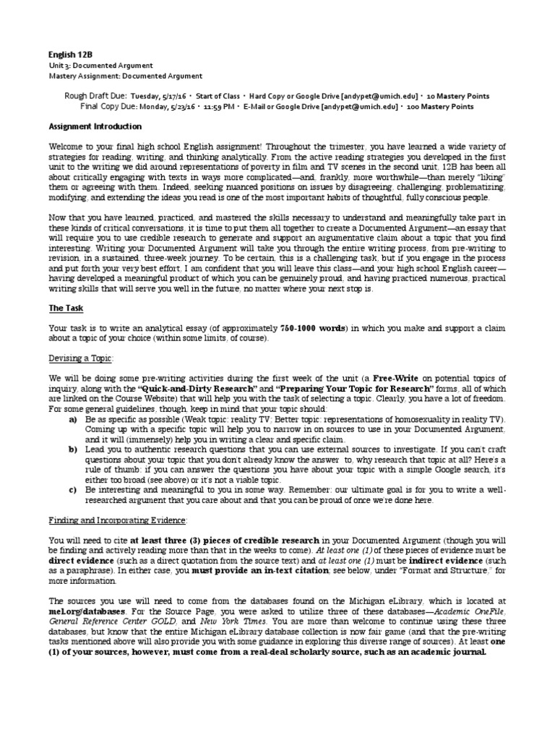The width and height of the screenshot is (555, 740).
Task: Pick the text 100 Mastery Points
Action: tap(442, 106)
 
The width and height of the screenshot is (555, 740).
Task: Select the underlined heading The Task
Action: tap(66, 308)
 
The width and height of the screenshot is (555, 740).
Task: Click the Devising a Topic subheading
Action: tap(82, 358)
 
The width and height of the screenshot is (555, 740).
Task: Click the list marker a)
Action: tap(73, 419)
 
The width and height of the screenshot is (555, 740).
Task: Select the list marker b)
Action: tap(73, 449)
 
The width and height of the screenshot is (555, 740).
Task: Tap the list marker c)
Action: tap(73, 489)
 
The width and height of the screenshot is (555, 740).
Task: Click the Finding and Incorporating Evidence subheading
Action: tap(118, 520)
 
